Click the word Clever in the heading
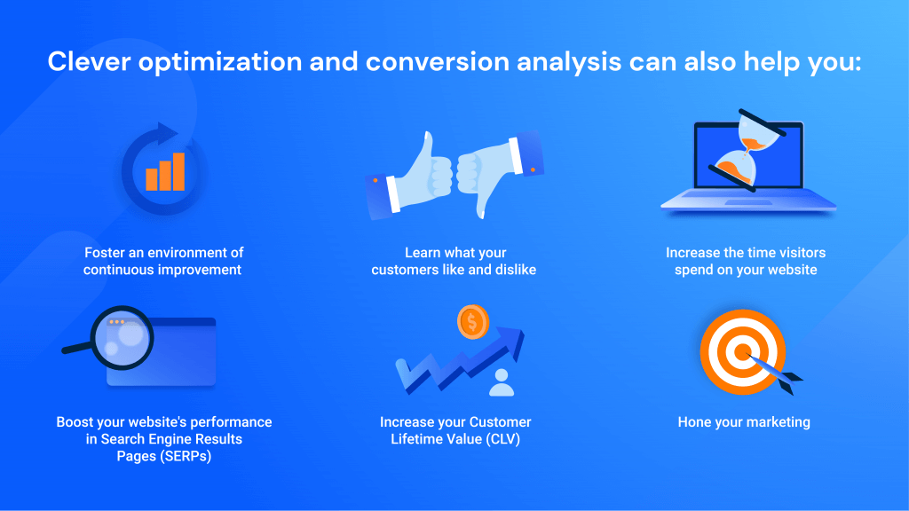[86, 63]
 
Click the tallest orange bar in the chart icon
[178, 171]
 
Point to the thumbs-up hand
[415, 173]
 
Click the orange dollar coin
[472, 322]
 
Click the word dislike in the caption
[513, 270]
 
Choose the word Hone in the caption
[696, 422]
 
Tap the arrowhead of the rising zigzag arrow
[512, 338]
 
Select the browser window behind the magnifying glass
[178, 355]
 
